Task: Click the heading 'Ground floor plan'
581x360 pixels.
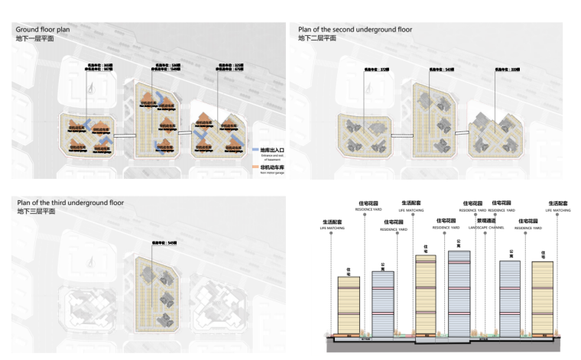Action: pyautogui.click(x=43, y=30)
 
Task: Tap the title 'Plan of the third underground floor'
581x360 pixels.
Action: pyautogui.click(x=70, y=203)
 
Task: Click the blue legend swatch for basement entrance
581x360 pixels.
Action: pyautogui.click(x=255, y=151)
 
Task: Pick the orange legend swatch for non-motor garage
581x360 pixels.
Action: pyautogui.click(x=255, y=166)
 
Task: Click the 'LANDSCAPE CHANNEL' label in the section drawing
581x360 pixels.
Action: pyautogui.click(x=485, y=228)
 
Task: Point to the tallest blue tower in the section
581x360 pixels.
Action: pyautogui.click(x=459, y=294)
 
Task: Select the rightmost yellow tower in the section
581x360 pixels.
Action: pyautogui.click(x=543, y=298)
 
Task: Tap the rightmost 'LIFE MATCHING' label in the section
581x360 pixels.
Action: pyautogui.click(x=558, y=209)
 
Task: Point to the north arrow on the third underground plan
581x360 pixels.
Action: pyautogui.click(x=89, y=262)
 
